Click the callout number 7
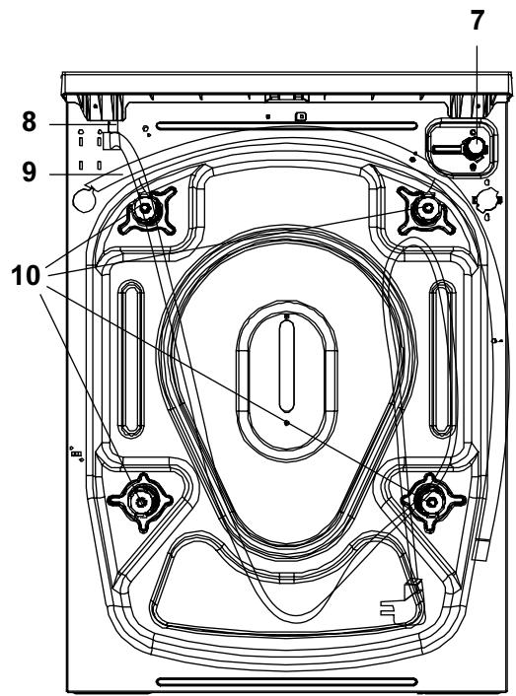(x=477, y=20)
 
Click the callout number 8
(x=30, y=121)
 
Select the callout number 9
(x=30, y=172)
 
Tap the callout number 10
(x=27, y=275)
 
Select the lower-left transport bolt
(x=141, y=502)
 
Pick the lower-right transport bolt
(x=432, y=502)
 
